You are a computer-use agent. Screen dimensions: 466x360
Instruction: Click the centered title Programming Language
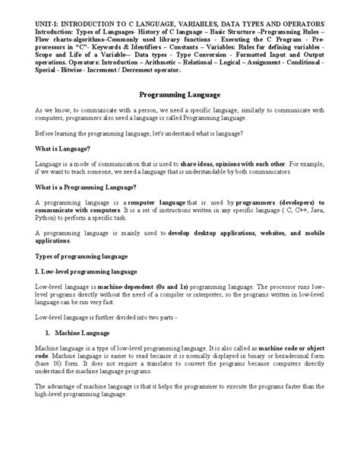(x=179, y=96)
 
